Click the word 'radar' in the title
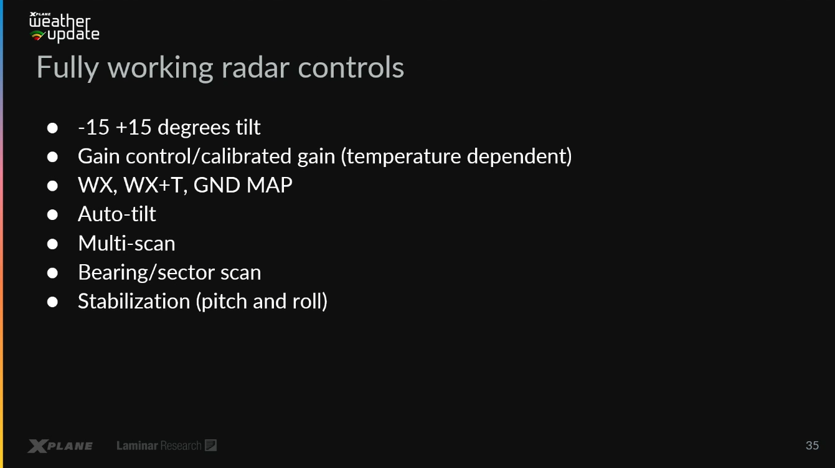click(255, 67)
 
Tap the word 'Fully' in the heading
click(68, 69)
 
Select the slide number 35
click(812, 445)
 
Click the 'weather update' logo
click(64, 27)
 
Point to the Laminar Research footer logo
click(166, 445)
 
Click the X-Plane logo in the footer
click(60, 446)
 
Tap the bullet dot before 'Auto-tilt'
click(52, 214)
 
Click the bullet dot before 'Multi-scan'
click(52, 244)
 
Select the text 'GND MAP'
click(243, 185)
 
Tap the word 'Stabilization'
click(134, 301)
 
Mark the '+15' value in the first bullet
click(133, 127)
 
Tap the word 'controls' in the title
click(351, 67)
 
